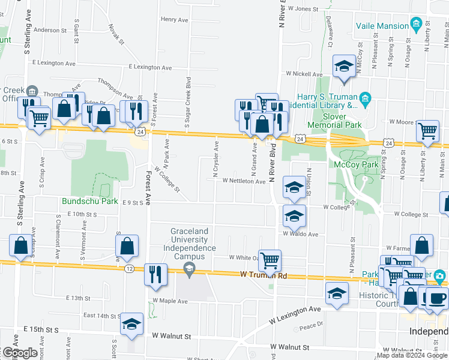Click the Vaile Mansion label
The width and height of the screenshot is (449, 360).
point(382,26)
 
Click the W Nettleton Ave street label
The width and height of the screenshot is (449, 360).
point(244,181)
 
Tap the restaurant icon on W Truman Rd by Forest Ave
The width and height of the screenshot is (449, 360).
point(155,274)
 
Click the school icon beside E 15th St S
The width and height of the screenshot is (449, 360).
point(131,324)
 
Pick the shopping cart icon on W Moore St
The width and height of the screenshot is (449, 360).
point(427,129)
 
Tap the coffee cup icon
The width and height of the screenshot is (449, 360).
point(436,298)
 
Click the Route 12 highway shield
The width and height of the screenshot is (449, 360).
point(130,268)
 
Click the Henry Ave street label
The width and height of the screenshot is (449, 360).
point(175,19)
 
